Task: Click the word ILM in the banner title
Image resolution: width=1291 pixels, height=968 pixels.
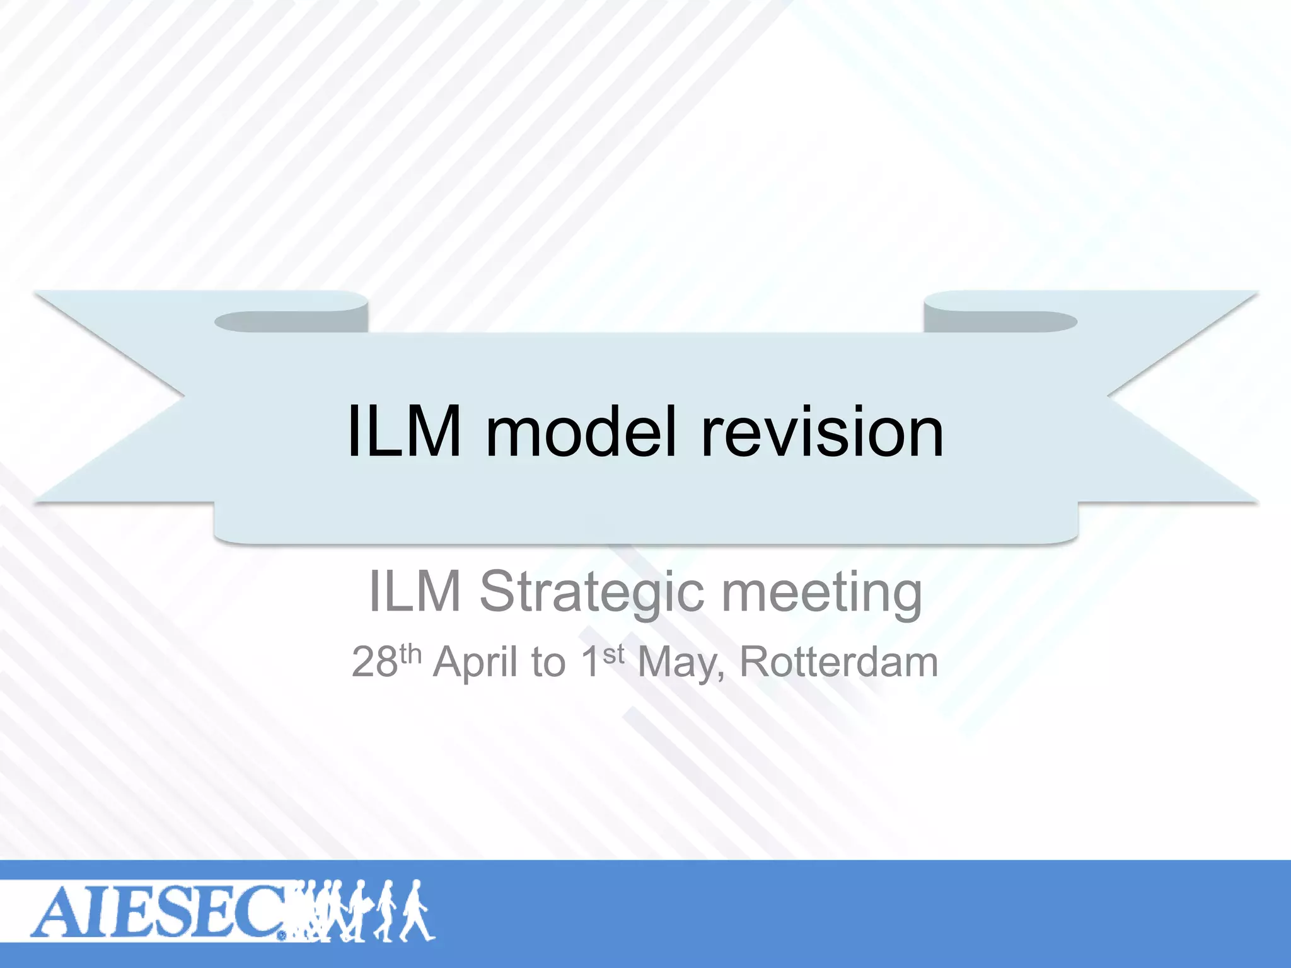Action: [x=404, y=432]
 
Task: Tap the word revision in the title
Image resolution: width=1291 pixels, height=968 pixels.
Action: [x=823, y=432]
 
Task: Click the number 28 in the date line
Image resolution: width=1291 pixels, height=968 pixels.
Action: [x=375, y=662]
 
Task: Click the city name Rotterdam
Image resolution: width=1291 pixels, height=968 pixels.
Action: [x=839, y=662]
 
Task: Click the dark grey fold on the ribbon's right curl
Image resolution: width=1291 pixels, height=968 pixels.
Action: [x=1002, y=322]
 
